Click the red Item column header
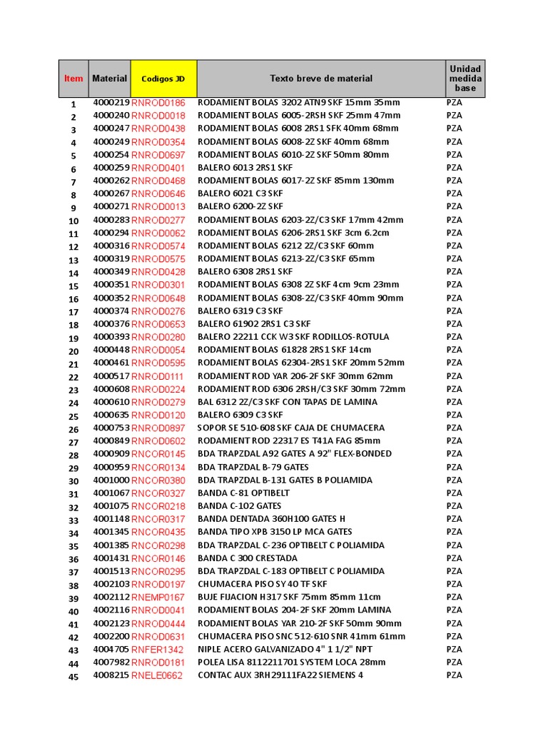pos(73,79)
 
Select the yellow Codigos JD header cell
pos(163,79)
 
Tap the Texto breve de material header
pos(320,79)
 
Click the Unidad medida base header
pos(465,79)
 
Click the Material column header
pos(109,79)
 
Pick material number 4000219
pos(111,103)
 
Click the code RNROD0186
pos(158,103)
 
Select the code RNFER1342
pos(157,650)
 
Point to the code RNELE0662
pos(157,675)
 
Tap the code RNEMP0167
pos(158,598)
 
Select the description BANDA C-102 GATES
pos(240,506)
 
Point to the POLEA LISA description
pos(291,662)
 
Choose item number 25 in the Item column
pos(73,416)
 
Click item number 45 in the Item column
pos(73,677)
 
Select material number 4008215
pos(111,675)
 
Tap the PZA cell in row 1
pos(454,103)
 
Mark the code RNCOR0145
pos(158,454)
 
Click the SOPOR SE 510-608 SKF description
pos(285,428)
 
